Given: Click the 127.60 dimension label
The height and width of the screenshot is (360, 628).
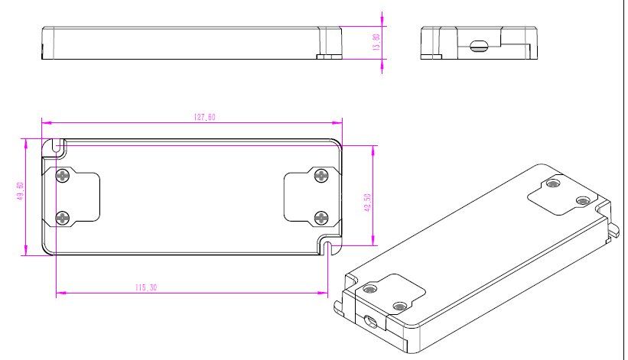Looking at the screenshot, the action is pyautogui.click(x=205, y=117).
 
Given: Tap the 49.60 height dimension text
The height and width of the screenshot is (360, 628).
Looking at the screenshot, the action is pyautogui.click(x=21, y=191).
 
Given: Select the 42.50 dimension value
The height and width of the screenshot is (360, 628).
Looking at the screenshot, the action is pyautogui.click(x=368, y=203).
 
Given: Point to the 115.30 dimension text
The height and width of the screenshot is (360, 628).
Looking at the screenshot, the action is pyautogui.click(x=146, y=287).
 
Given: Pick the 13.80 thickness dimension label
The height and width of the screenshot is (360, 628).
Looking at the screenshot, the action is pyautogui.click(x=376, y=42).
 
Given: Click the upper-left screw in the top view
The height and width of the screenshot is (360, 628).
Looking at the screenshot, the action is pyautogui.click(x=63, y=175).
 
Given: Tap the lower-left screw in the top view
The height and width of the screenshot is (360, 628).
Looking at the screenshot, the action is pyautogui.click(x=63, y=218).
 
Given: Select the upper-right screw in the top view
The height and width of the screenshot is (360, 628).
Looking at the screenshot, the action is pyautogui.click(x=321, y=175).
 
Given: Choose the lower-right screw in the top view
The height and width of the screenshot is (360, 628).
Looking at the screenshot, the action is pyautogui.click(x=321, y=218).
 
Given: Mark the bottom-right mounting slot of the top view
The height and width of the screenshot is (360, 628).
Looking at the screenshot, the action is pyautogui.click(x=328, y=248).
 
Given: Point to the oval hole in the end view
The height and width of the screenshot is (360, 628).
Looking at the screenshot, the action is pyautogui.click(x=478, y=45).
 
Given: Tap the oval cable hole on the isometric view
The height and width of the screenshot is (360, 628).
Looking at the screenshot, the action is pyautogui.click(x=369, y=321).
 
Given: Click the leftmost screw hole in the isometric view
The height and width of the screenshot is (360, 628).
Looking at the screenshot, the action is pyautogui.click(x=369, y=289).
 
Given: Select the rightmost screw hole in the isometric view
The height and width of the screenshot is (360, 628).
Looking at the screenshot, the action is pyautogui.click(x=583, y=200).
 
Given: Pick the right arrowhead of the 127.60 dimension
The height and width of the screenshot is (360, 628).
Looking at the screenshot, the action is pyautogui.click(x=338, y=123).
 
